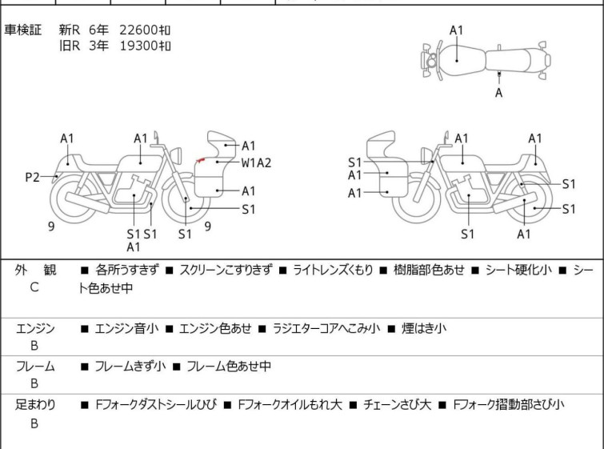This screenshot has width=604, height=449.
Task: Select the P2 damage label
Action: coord(32,177)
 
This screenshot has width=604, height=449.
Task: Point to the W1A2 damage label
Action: coord(256,162)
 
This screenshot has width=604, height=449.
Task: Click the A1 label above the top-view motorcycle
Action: coord(456,30)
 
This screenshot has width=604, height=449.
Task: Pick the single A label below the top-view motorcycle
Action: coord(499,93)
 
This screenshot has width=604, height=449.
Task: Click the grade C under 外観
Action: coord(34,287)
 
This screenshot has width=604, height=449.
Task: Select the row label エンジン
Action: coord(35,328)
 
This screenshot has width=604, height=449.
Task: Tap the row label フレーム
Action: coord(35,367)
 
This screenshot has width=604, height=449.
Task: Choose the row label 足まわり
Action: coord(35,405)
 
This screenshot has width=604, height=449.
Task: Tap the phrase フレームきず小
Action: coord(130,367)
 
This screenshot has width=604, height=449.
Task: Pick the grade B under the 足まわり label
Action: coord(34,423)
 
